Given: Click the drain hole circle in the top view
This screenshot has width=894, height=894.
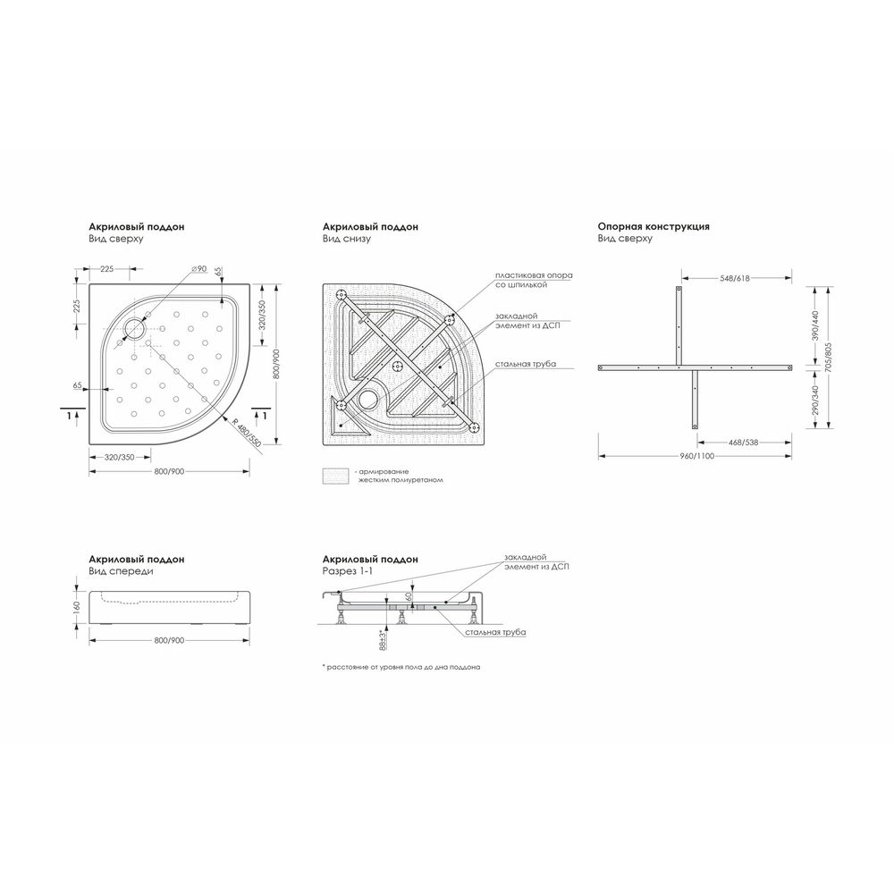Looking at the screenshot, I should point(136,328).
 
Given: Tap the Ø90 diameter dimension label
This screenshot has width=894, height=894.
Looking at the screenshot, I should point(198,269).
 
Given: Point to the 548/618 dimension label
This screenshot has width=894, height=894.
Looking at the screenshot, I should point(735,279).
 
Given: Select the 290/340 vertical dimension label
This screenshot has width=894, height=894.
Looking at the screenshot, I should point(815,401).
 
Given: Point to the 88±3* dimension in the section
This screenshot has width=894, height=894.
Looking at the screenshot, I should point(382,640).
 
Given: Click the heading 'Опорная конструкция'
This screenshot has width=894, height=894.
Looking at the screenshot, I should point(654,227).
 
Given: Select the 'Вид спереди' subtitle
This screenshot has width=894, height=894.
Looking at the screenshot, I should point(121,570).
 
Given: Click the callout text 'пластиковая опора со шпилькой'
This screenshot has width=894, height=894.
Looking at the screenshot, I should point(534,280).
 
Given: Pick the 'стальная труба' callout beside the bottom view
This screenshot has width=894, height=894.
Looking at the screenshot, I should point(531,365).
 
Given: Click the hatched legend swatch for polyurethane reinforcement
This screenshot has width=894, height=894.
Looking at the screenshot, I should point(336,475).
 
